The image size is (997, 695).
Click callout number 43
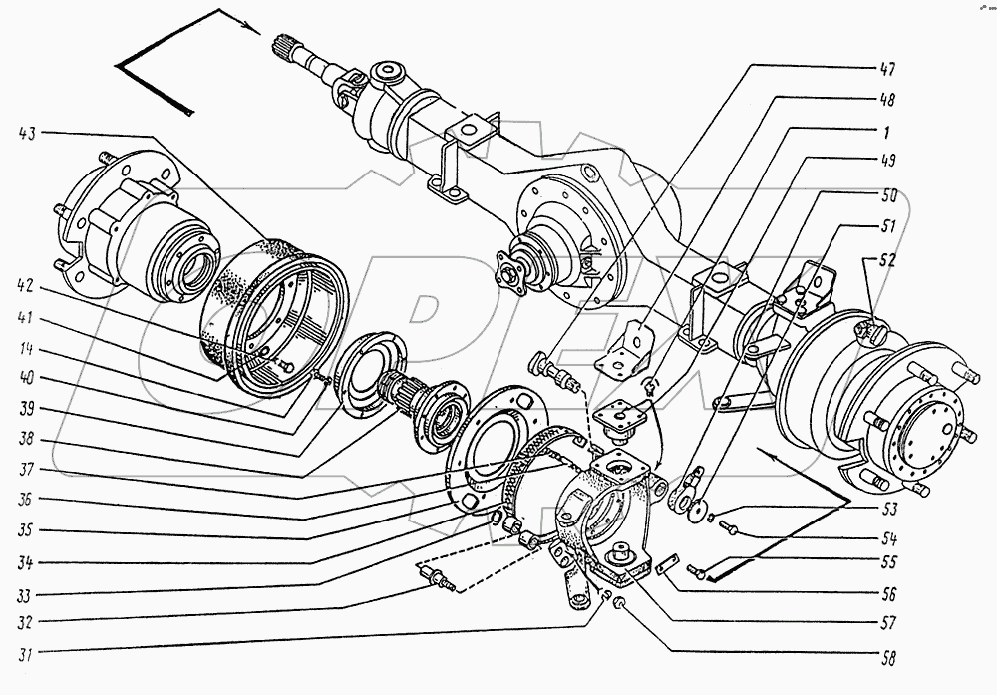click(31, 132)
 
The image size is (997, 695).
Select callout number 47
click(886, 69)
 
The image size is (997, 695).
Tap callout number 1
click(886, 131)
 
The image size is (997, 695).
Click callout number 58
click(885, 658)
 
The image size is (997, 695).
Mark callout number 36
click(30, 498)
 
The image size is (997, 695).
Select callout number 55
click(885, 562)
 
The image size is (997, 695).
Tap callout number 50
click(885, 195)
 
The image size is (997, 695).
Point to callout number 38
click(30, 437)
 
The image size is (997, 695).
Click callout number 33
click(30, 594)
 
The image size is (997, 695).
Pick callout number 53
click(885, 508)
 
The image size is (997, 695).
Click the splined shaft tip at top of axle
click(282, 46)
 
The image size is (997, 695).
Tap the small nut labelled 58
click(618, 603)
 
